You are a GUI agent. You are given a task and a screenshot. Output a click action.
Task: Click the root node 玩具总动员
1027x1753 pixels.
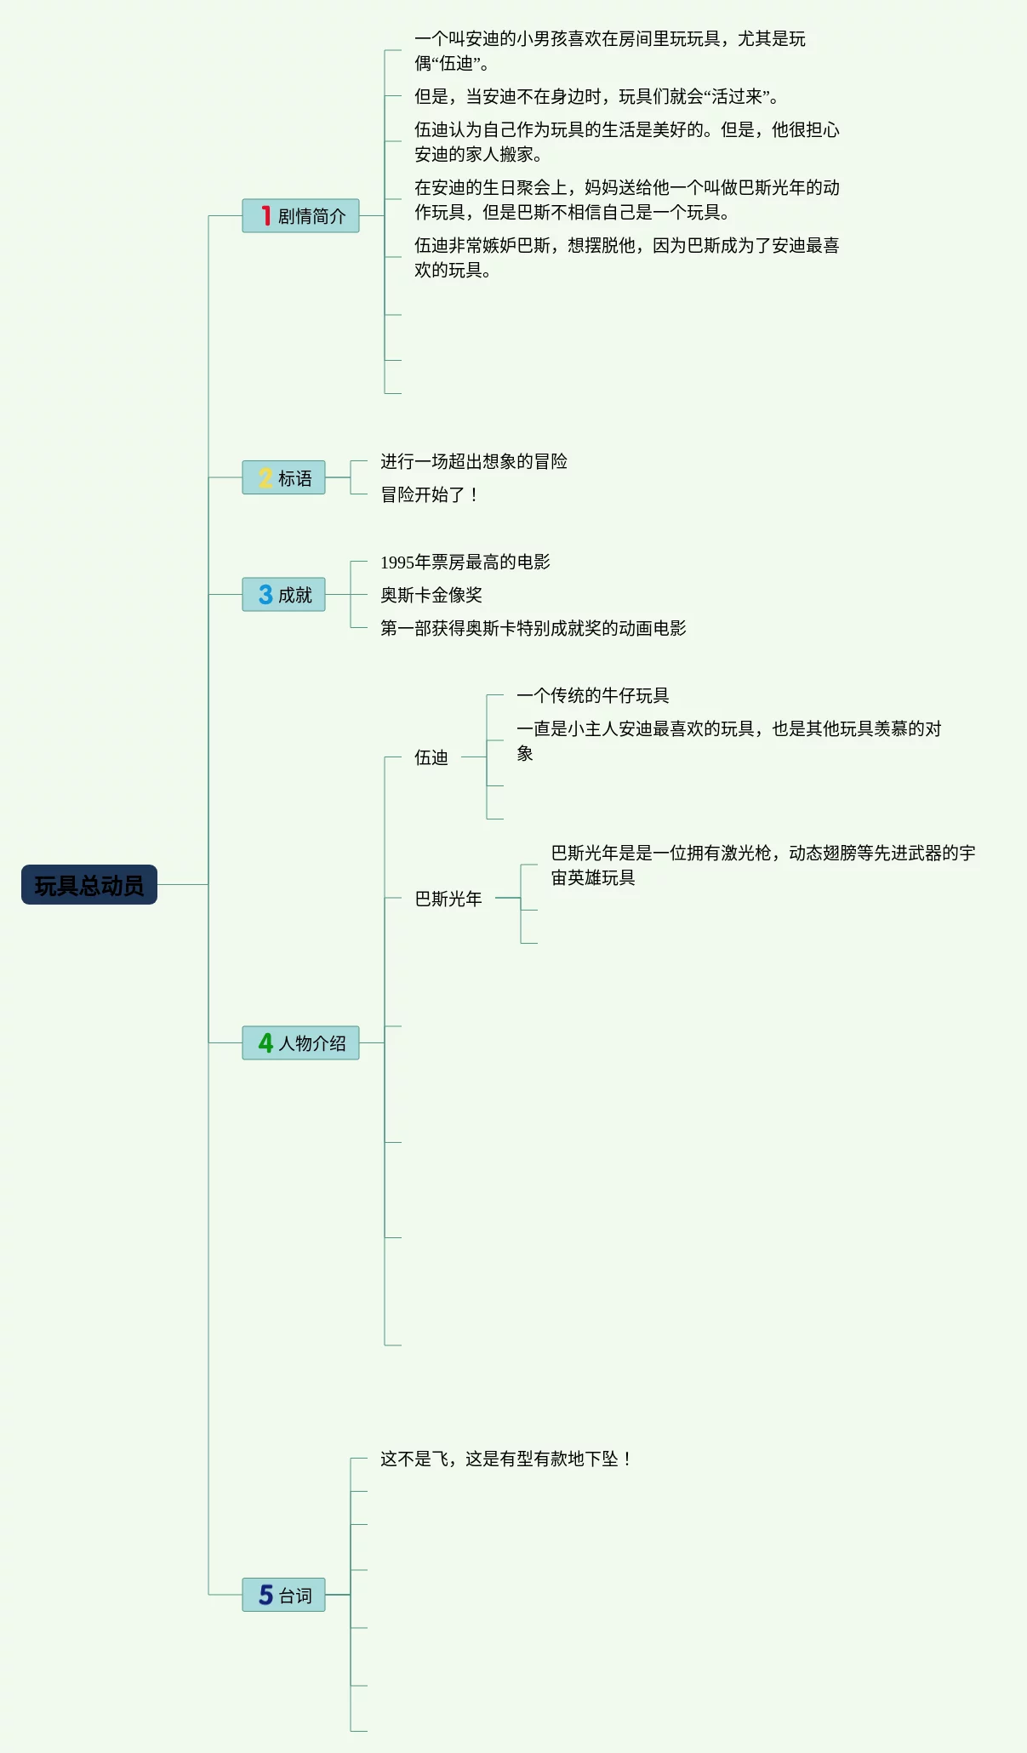tap(89, 885)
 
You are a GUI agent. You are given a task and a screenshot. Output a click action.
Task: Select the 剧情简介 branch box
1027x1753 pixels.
tap(300, 216)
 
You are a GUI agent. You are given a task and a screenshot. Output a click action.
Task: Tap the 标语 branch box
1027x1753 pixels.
tap(283, 478)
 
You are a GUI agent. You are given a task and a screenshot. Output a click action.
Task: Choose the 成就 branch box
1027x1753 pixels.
tap(283, 595)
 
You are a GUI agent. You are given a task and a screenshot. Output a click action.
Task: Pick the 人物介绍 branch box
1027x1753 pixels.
tap(300, 1043)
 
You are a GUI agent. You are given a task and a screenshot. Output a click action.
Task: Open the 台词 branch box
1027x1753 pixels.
tap(283, 1596)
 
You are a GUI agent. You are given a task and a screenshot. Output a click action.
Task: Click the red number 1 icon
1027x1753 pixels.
tap(266, 216)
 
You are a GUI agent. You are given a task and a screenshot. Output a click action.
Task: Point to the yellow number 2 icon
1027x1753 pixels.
tap(265, 478)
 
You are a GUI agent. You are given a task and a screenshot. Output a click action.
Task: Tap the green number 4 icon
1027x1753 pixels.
tap(265, 1043)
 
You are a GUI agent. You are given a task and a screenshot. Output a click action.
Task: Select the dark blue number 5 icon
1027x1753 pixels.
tap(265, 1596)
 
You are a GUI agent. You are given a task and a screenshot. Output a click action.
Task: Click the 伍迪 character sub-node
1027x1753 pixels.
tap(431, 757)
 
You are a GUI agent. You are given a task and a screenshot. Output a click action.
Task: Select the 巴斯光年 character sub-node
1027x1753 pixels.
tap(448, 899)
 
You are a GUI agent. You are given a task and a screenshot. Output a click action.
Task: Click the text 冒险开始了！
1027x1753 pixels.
tap(430, 494)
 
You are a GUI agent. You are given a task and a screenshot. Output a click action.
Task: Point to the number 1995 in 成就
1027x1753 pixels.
tap(397, 562)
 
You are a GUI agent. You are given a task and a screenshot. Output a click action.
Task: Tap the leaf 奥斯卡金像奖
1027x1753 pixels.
tap(431, 595)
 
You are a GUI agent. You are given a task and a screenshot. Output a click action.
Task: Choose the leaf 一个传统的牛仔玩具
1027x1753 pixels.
tap(593, 695)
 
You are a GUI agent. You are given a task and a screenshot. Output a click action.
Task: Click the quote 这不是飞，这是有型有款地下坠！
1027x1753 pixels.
tap(506, 1459)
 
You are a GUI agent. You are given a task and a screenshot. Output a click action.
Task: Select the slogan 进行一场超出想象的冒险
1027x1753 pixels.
tap(474, 461)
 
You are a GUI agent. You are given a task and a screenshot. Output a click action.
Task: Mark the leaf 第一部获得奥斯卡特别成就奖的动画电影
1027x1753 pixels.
tap(533, 628)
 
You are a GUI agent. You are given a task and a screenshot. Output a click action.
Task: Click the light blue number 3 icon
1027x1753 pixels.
tap(265, 595)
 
